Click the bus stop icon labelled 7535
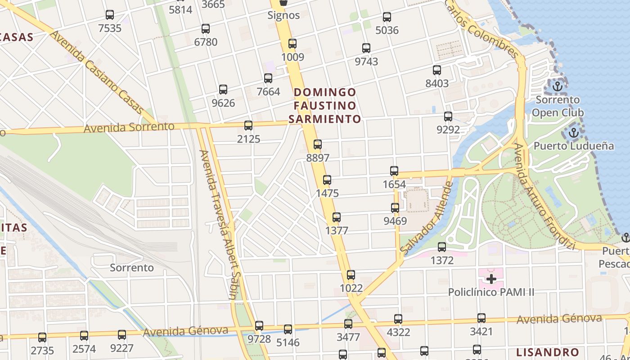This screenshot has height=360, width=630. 110,15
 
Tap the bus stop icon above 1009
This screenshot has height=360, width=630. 292,44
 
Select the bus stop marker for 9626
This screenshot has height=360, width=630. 223,90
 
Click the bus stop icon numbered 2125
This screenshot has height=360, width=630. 248,126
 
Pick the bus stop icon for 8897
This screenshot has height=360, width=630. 318,144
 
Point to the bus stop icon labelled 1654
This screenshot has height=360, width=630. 394,171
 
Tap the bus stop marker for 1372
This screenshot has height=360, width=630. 442,247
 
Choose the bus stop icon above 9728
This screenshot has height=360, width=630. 259,326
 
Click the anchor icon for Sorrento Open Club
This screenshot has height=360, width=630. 558,86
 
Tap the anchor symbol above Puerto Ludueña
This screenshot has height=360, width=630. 573,133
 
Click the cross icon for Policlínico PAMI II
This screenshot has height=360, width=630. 491,279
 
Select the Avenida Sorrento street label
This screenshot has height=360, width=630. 129,127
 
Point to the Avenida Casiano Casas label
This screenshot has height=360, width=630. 97,72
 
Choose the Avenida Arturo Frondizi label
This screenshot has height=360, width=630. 544,197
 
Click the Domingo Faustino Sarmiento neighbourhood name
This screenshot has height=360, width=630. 325,106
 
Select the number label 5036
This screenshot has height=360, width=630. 387,31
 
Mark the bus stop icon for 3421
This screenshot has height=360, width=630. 481,318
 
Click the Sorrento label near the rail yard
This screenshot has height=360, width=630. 132,268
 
